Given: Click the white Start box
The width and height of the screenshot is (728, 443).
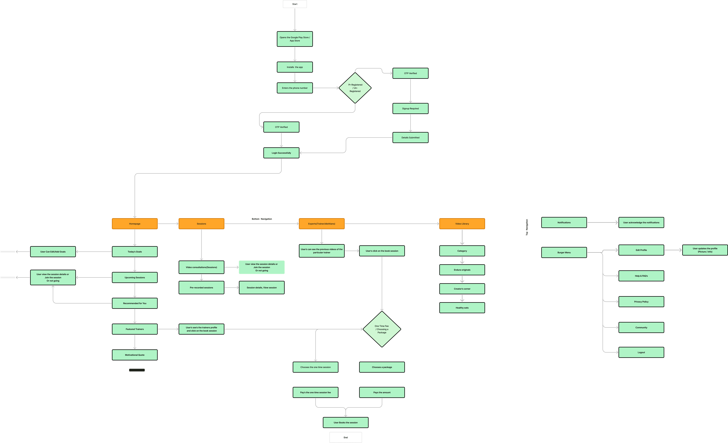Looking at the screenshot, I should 295,4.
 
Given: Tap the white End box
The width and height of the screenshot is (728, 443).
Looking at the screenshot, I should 345,437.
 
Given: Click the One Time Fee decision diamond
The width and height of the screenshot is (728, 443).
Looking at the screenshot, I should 382,329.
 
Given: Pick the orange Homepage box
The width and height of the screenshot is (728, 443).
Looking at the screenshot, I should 135,224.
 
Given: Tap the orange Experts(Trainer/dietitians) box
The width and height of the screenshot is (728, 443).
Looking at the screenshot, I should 321,224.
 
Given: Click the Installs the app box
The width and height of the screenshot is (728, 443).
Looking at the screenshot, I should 295,67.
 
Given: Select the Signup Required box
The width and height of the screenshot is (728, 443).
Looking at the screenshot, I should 410,108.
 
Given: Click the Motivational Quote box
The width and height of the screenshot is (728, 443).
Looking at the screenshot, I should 135,355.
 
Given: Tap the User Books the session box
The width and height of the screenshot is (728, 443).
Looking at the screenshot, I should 345,422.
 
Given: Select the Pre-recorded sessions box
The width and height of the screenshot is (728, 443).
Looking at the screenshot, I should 201,287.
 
